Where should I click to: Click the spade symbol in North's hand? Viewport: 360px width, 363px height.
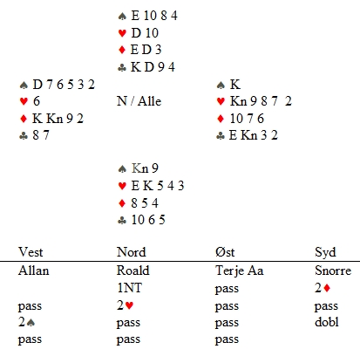(x=122, y=16)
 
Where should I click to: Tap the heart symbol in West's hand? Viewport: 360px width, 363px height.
(x=24, y=101)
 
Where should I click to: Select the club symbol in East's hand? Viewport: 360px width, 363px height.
(x=221, y=135)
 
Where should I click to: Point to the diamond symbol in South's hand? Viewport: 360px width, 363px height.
(x=122, y=203)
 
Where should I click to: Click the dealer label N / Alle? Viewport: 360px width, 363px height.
(x=139, y=101)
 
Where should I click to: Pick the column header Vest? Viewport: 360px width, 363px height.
(x=31, y=252)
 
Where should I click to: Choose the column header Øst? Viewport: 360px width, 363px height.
(x=225, y=252)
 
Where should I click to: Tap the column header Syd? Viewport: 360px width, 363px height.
(x=325, y=252)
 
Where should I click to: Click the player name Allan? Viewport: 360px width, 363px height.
(x=33, y=271)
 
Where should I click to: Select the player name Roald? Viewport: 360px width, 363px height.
(x=133, y=271)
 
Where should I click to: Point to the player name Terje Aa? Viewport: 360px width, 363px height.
(x=240, y=271)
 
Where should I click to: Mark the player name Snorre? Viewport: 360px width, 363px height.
(x=333, y=271)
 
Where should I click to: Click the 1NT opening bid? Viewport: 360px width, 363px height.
(x=129, y=288)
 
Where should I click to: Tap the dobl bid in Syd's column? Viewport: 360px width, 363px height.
(x=327, y=322)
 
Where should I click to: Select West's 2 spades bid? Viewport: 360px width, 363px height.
(x=26, y=322)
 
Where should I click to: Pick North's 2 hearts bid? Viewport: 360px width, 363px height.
(x=126, y=305)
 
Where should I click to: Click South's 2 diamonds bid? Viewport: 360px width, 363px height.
(x=323, y=288)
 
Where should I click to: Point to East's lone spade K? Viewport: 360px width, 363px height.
(x=235, y=85)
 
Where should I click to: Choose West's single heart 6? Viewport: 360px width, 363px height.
(x=37, y=101)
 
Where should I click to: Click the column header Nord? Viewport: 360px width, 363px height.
(x=132, y=252)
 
